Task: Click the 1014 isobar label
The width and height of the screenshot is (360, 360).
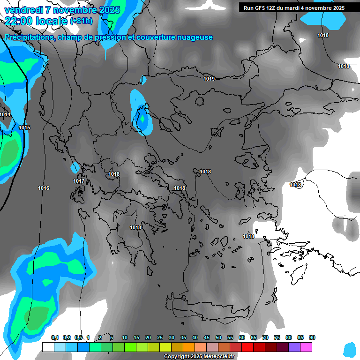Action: coord(5,114)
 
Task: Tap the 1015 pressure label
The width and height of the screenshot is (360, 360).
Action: coord(24,127)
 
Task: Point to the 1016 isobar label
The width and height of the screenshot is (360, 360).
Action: coord(44,188)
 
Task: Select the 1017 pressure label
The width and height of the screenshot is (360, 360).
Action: coord(79,181)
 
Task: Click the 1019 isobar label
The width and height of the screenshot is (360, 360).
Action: coord(209,79)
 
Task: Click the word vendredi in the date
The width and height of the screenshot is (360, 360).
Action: coord(24,10)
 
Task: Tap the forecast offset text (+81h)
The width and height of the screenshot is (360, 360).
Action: coord(81,21)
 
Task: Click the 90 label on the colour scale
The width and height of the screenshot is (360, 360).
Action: coord(312,337)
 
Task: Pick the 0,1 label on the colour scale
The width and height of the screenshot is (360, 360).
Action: coord(55,337)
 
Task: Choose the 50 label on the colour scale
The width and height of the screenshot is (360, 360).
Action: coord(218,337)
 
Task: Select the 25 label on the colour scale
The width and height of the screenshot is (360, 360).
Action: coord(160,337)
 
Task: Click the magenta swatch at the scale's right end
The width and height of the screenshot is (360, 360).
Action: coord(306,347)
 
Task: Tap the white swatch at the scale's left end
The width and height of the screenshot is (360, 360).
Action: coord(48,347)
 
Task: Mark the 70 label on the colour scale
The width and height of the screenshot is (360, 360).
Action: coord(265,337)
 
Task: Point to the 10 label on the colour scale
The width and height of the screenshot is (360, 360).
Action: coord(125,337)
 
